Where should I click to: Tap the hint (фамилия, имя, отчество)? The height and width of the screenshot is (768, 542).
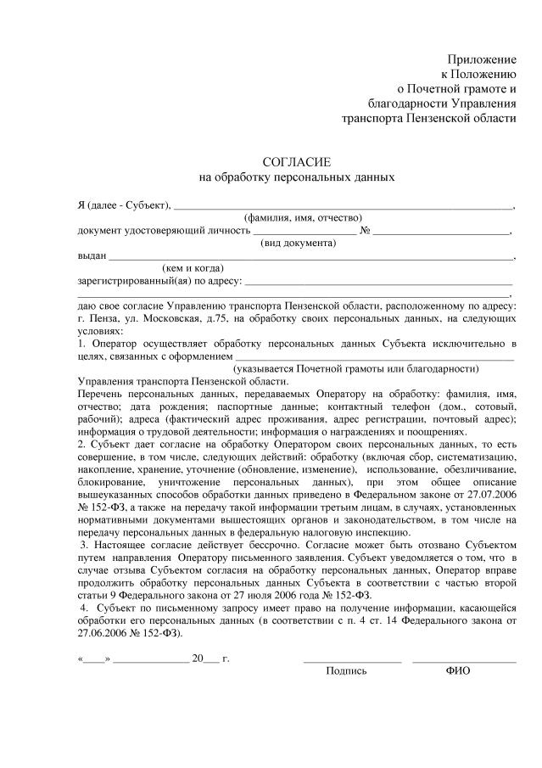(303, 217)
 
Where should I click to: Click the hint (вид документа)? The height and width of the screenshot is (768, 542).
(298, 243)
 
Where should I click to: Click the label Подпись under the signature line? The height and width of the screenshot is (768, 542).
(346, 670)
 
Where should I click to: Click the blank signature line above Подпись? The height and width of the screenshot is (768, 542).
(352, 659)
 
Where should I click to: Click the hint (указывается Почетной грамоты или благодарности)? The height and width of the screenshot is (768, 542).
(356, 369)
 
